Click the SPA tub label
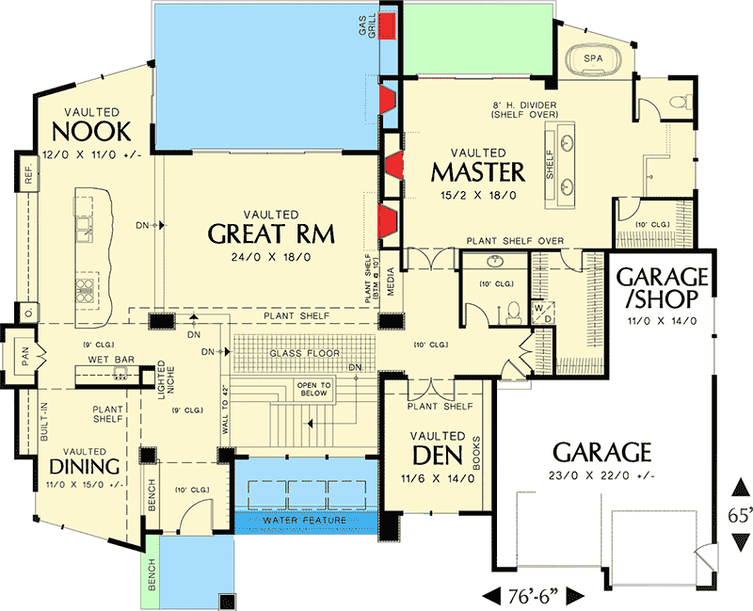[x=593, y=58]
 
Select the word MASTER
[x=477, y=172]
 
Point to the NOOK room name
[x=90, y=131]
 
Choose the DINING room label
[x=85, y=467]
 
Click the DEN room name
[x=437, y=457]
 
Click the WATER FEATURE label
[x=306, y=520]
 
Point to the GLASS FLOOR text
[x=299, y=353]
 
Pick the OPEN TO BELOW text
[x=313, y=390]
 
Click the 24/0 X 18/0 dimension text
[x=271, y=256]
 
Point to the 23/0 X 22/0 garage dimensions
[x=602, y=475]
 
